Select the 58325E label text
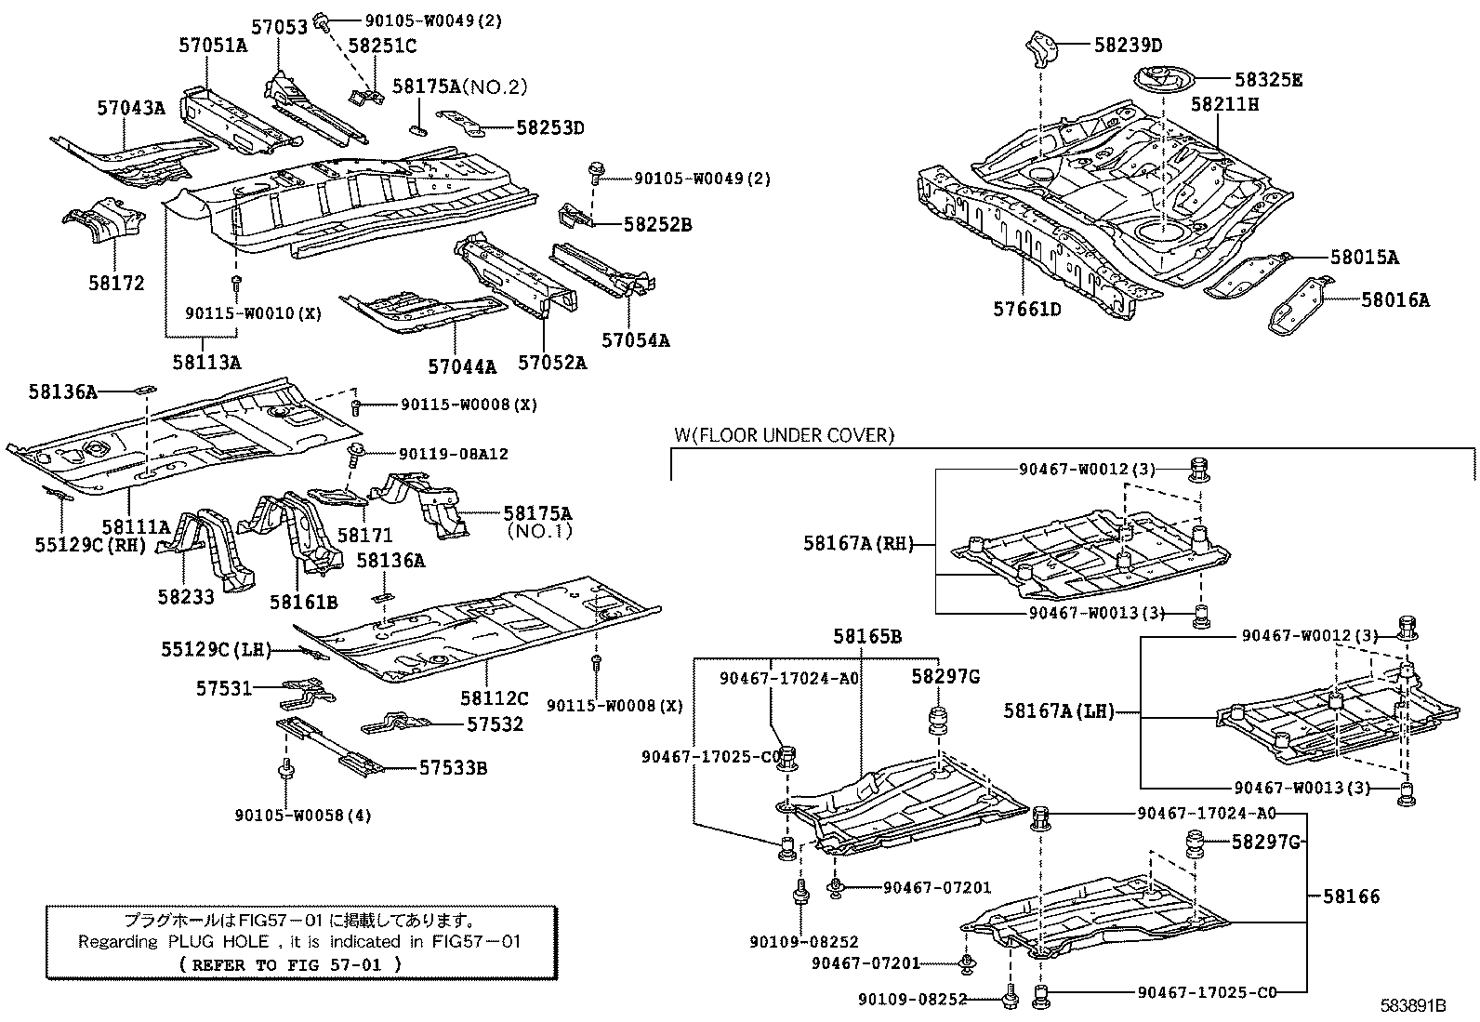(1268, 80)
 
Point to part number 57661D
(1023, 309)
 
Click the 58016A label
(1395, 299)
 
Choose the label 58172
(116, 283)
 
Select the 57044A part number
(462, 366)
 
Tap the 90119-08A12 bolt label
(454, 454)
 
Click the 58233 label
(186, 596)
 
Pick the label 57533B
(453, 767)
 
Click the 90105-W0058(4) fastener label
(303, 816)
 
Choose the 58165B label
(866, 637)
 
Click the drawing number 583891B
(1412, 1005)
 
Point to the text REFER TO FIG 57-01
(292, 964)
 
